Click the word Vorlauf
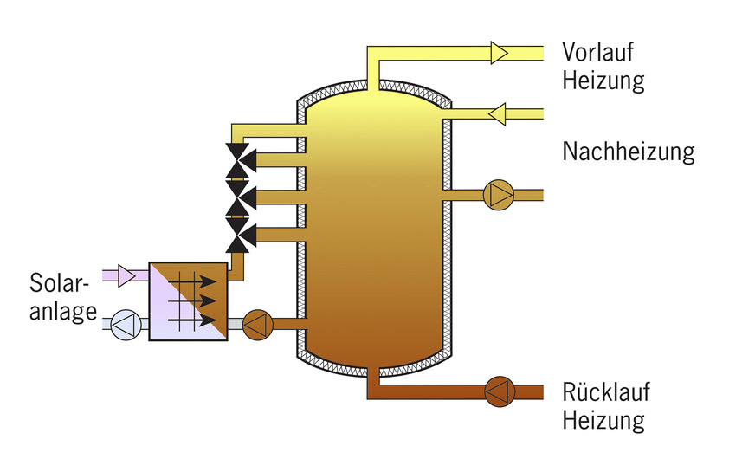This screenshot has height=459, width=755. pyautogui.click(x=598, y=52)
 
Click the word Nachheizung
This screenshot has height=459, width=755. pyautogui.click(x=629, y=152)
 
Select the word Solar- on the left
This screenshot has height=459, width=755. pyautogui.click(x=59, y=283)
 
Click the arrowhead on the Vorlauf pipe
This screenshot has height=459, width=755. pyautogui.click(x=500, y=52)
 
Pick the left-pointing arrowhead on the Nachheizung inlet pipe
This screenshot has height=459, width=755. pyautogui.click(x=497, y=113)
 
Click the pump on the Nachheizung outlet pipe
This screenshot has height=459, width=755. pyautogui.click(x=498, y=195)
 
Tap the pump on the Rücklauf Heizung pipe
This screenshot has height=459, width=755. pyautogui.click(x=498, y=391)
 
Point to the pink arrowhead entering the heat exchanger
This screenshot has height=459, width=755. pyautogui.click(x=126, y=276)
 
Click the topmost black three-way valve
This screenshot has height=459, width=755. pyautogui.click(x=237, y=158)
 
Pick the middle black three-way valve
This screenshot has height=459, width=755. pyautogui.click(x=237, y=197)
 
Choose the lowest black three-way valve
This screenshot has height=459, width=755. pyautogui.click(x=237, y=234)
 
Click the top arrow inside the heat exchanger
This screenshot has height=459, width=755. pyautogui.click(x=191, y=281)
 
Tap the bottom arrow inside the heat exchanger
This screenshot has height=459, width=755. pyautogui.click(x=191, y=321)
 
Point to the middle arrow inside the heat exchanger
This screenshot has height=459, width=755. pyautogui.click(x=191, y=301)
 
